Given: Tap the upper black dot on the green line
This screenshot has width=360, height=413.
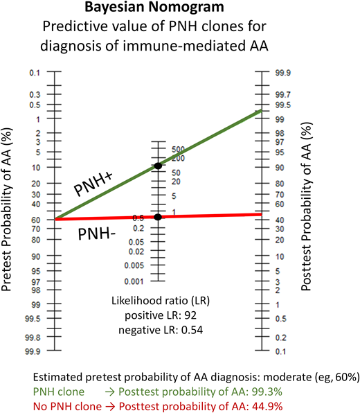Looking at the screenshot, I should (158, 166).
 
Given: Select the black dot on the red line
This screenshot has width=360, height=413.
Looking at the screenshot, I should (158, 217).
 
